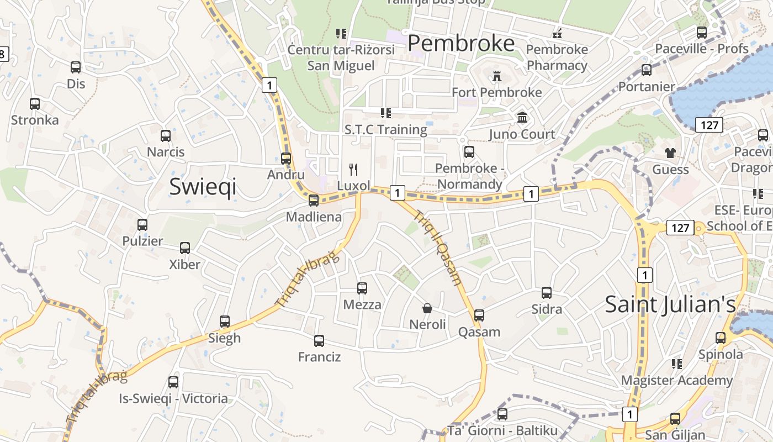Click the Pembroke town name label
pos(461,43)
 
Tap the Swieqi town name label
pos(203,187)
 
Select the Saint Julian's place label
pos(670,304)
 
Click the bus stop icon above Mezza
pos(362,288)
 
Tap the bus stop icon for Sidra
pos(547,292)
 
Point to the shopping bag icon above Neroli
pos(427,308)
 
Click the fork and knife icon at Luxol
pos(354,169)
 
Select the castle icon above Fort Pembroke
pos(497,76)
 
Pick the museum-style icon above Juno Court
pos(522,117)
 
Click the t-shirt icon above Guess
pos(670,152)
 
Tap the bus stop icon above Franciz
pos(319,340)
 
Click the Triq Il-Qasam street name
pos(438,249)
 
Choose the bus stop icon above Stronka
pos(35,103)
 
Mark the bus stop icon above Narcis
pos(166,135)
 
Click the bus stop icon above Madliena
pos(314,200)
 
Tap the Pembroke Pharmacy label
pos(557,57)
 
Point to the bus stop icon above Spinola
pos(721,338)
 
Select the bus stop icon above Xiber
pos(185,248)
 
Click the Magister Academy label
pos(677,380)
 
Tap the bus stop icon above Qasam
pos(479,315)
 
